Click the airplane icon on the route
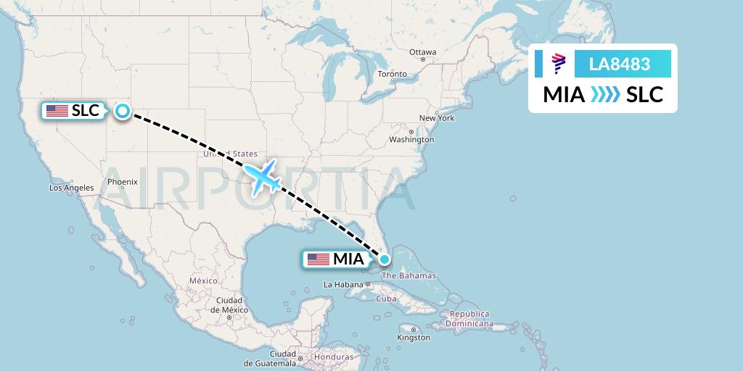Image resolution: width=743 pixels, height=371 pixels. pyautogui.click(x=263, y=177)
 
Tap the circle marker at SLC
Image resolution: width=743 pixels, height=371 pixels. pyautogui.click(x=123, y=111)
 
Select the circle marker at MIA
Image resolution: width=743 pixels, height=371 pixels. pyautogui.click(x=384, y=257)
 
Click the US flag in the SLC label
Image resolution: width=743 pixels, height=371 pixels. pyautogui.click(x=57, y=111)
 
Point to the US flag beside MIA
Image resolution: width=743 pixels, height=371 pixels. pyautogui.click(x=318, y=259)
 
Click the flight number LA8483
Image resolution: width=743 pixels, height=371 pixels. pyautogui.click(x=619, y=64)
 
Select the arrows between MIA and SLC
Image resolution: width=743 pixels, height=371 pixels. pyautogui.click(x=605, y=95)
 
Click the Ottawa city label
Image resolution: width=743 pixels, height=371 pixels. pyautogui.click(x=422, y=52)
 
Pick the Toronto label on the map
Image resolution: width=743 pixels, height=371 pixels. pyautogui.click(x=393, y=74)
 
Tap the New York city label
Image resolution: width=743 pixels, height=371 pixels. pyautogui.click(x=436, y=118)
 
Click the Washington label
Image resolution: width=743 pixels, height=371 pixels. pyautogui.click(x=411, y=139)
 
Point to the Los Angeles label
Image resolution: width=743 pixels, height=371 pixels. pyautogui.click(x=71, y=188)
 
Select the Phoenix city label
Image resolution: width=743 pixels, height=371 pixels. pyautogui.click(x=123, y=182)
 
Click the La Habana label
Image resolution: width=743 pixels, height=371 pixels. pyautogui.click(x=342, y=285)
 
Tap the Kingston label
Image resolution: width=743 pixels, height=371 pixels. pyautogui.click(x=414, y=338)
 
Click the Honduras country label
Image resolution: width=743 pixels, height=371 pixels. pyautogui.click(x=333, y=357)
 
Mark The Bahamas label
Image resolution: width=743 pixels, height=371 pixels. pyautogui.click(x=409, y=275)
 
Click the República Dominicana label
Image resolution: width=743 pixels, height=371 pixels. pyautogui.click(x=470, y=319)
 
